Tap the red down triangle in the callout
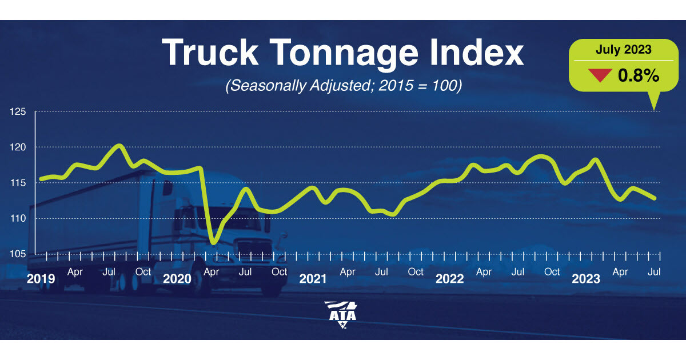point(600,75)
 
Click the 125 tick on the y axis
point(19,111)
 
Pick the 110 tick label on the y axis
point(19,218)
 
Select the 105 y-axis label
point(19,254)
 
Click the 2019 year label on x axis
point(41,279)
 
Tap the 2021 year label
point(313,279)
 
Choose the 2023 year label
point(586,279)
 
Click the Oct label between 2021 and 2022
point(416,272)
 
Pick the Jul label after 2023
point(655,272)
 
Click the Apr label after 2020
point(212,272)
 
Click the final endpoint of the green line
point(655,198)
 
